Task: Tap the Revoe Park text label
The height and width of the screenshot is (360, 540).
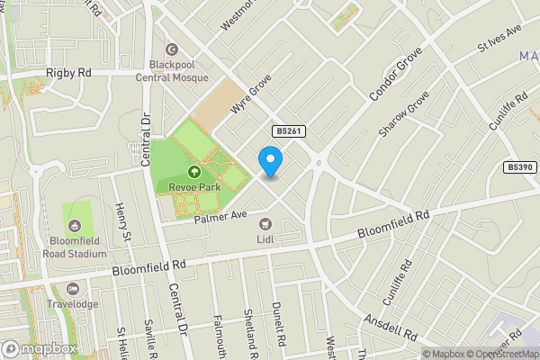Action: tap(193, 187)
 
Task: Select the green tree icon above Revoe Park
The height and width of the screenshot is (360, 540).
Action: tap(193, 172)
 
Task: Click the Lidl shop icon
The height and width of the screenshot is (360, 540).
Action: tap(265, 223)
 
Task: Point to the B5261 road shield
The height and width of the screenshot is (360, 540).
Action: tap(290, 131)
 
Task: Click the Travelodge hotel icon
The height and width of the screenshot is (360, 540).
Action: tap(73, 289)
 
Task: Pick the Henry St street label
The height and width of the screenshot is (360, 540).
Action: tap(123, 221)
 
